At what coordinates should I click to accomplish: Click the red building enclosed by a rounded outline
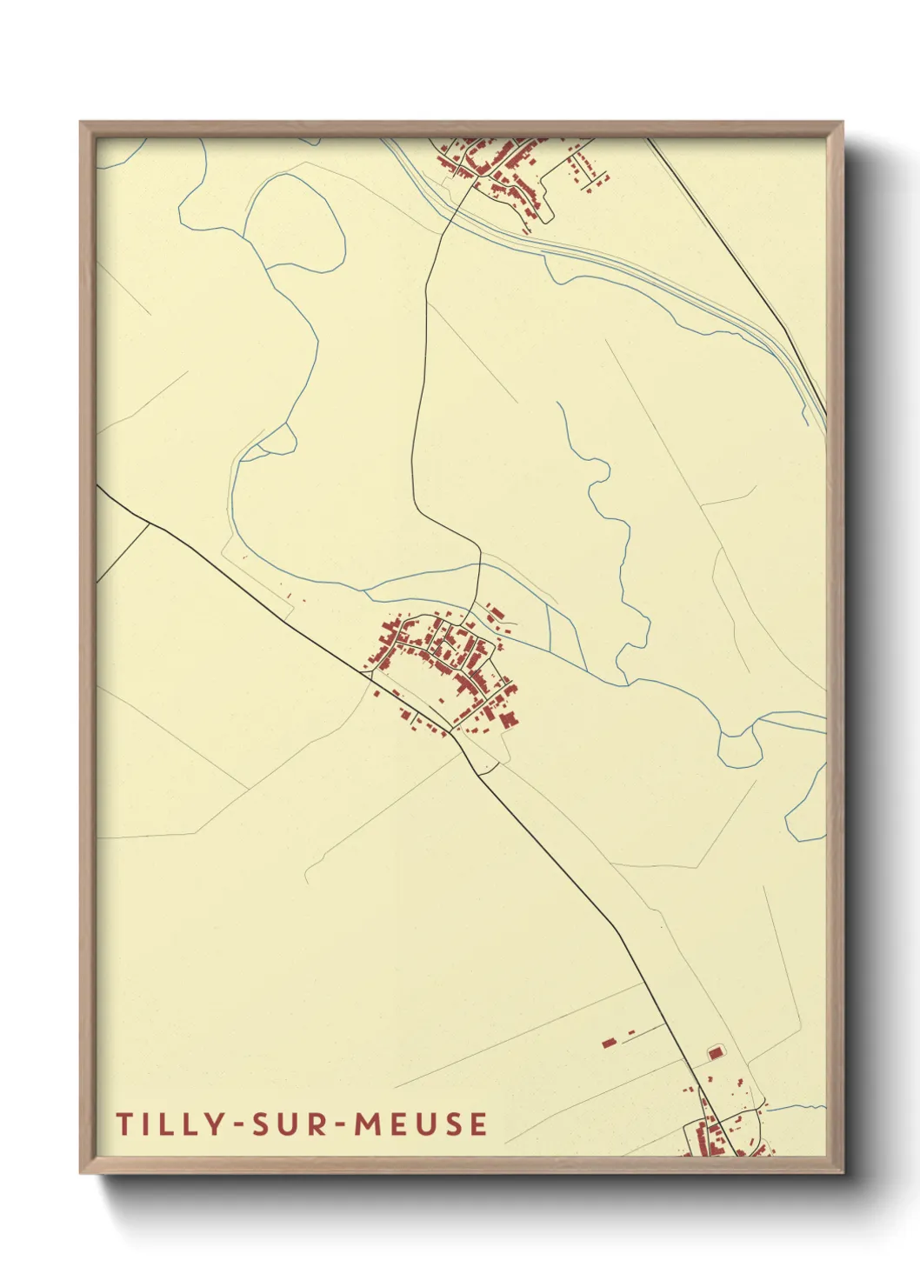716,1053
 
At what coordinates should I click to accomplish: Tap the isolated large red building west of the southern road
609,1041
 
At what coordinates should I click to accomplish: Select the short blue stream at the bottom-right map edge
796,1107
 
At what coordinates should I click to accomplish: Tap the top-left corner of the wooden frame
83,124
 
